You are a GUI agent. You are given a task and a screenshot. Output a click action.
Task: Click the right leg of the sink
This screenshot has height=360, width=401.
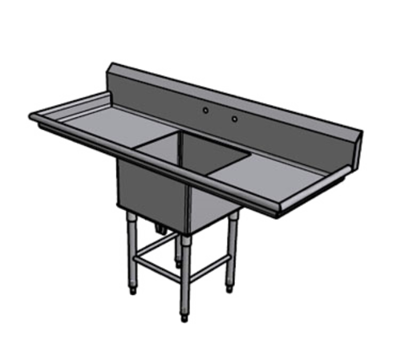[233, 245]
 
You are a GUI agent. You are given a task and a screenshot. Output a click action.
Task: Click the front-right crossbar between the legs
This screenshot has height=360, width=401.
[210, 255]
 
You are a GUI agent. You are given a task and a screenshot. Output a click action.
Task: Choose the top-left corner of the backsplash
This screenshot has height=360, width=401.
[113, 63]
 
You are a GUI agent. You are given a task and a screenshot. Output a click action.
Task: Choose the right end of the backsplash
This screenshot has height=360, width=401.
[360, 136]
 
